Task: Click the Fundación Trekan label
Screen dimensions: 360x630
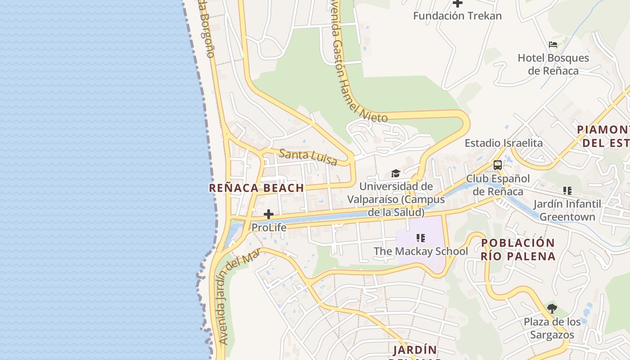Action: coord(457,16)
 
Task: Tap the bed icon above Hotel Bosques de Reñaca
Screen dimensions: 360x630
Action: coord(553,45)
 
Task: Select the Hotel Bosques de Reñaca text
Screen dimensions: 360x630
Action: coord(553,64)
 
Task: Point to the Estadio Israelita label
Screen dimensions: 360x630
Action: coord(504,143)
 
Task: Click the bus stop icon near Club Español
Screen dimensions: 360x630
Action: coord(497,165)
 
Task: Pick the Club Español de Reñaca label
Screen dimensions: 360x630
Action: coord(498,185)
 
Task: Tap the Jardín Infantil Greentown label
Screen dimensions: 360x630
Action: coord(567,210)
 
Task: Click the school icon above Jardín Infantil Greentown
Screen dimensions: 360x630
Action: coord(567,191)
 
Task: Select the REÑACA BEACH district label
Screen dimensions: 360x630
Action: coord(256,188)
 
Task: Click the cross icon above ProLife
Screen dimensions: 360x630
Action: coord(269,214)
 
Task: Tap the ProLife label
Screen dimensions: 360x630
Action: coord(269,228)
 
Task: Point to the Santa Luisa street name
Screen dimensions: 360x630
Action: coord(308,157)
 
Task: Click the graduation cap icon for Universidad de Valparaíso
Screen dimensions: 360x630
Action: coord(396,174)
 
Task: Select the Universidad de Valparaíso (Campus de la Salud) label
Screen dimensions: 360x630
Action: coord(396,199)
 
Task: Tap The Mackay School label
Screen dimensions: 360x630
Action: coord(421,251)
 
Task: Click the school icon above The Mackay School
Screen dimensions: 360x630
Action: coord(421,238)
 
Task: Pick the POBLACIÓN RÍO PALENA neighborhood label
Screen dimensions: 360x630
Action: coord(518,250)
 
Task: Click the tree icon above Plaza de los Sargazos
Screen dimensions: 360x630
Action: coord(552,309)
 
